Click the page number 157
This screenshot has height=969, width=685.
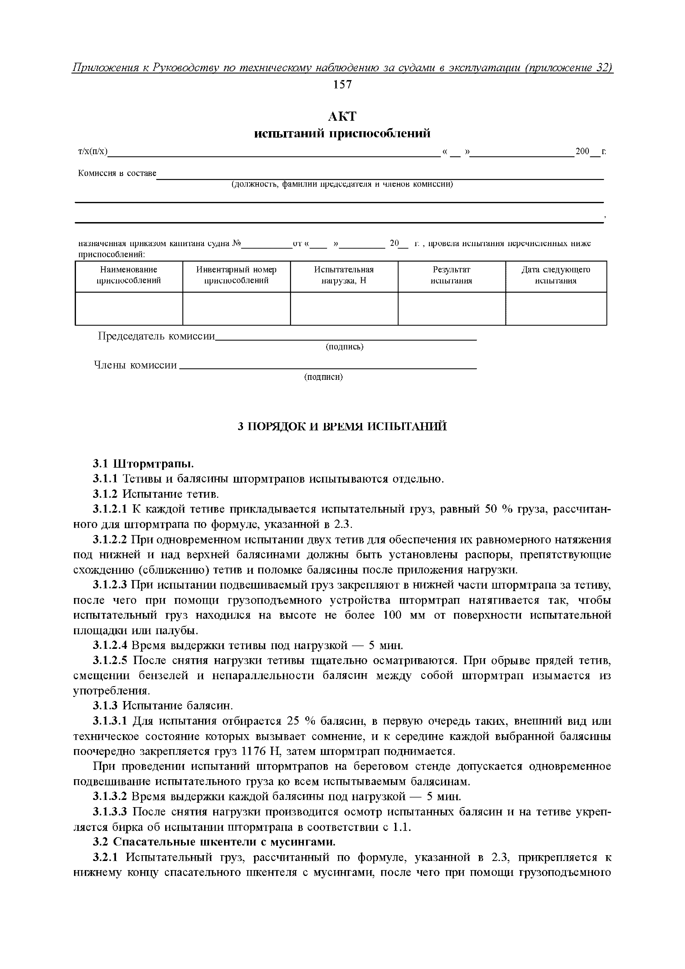coord(342,85)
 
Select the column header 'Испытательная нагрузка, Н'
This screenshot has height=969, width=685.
coord(344,275)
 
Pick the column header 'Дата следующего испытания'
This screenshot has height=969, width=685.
coord(555,275)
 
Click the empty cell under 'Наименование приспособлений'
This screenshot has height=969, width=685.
coord(129,309)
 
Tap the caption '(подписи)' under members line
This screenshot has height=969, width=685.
coord(323,377)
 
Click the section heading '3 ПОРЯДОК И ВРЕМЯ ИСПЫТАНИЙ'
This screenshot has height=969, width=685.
coord(342,426)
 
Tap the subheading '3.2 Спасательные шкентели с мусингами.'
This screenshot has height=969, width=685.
coord(214,842)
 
